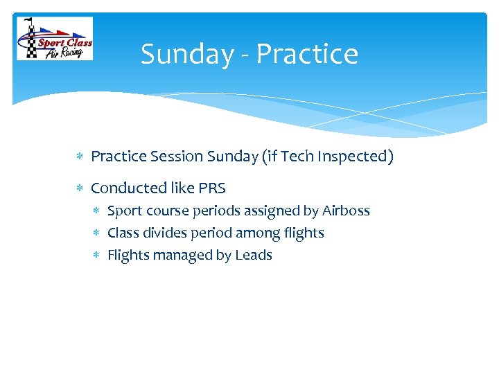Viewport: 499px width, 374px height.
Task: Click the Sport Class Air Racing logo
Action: point(55,39)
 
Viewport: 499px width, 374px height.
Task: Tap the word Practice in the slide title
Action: point(307,54)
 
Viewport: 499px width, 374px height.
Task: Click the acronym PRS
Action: point(212,188)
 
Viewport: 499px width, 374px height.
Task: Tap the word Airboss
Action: point(346,211)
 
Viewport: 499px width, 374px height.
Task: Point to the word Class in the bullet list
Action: point(123,233)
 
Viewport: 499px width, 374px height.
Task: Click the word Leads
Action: point(254,255)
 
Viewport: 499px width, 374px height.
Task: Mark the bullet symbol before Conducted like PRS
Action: point(80,188)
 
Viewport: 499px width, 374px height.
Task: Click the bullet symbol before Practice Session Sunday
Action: point(80,157)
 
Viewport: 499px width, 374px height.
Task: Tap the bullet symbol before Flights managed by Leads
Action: point(98,256)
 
